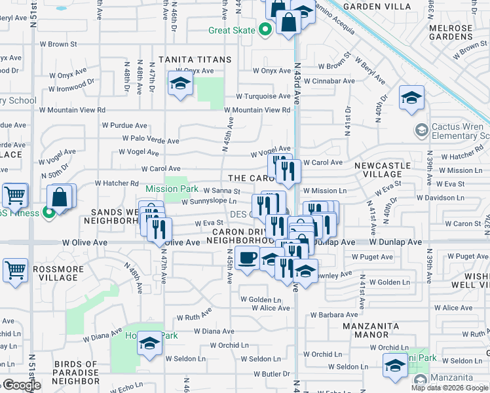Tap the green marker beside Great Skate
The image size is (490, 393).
[x=265, y=30]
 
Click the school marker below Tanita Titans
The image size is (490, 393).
[x=180, y=84]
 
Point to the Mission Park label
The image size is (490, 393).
[x=172, y=189]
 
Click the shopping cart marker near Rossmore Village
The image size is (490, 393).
[x=14, y=269]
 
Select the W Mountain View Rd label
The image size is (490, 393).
[x=258, y=110]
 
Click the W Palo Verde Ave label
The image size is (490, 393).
[x=155, y=140]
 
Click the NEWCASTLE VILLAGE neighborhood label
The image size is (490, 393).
[x=386, y=171]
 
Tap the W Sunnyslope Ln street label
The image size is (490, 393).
[x=208, y=202]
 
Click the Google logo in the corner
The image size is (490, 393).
[x=21, y=385]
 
